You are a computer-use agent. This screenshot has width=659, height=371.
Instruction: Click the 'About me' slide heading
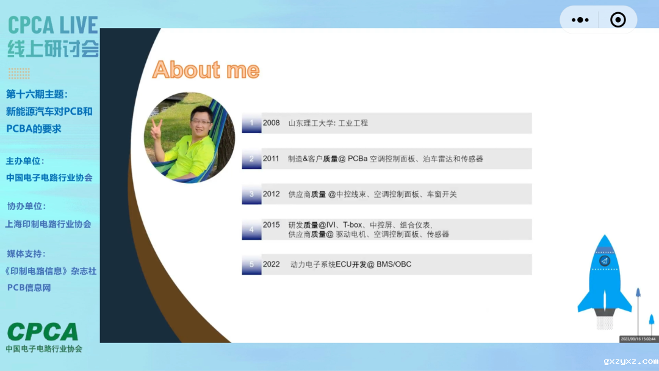pos(206,70)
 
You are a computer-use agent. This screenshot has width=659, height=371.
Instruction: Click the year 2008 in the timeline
pos(271,123)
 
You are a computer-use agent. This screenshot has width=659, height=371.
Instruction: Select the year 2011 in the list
pos(271,159)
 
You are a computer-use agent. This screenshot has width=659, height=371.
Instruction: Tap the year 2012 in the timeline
pos(271,194)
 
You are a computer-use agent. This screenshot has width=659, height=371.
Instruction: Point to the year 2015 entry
pos(271,225)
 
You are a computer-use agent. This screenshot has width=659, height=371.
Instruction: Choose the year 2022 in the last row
pos(271,264)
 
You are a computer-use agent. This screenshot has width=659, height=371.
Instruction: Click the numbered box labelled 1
pos(251,123)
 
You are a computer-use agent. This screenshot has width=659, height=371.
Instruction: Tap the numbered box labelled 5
pos(251,264)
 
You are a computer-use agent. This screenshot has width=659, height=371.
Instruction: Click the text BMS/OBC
pos(394,264)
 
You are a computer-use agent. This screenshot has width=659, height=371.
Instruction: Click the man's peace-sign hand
pos(156,127)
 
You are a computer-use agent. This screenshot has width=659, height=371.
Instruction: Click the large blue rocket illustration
pos(604,278)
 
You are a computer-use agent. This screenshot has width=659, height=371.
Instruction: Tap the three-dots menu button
pos(580,20)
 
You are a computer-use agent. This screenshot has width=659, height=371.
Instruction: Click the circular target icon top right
pos(618,20)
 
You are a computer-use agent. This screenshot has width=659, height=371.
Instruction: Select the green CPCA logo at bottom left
pos(43,332)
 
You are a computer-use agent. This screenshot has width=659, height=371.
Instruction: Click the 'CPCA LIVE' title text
pos(53,26)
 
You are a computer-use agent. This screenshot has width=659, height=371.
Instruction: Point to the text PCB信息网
pos(29,287)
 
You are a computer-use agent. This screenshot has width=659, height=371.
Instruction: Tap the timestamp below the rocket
pos(638,339)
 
